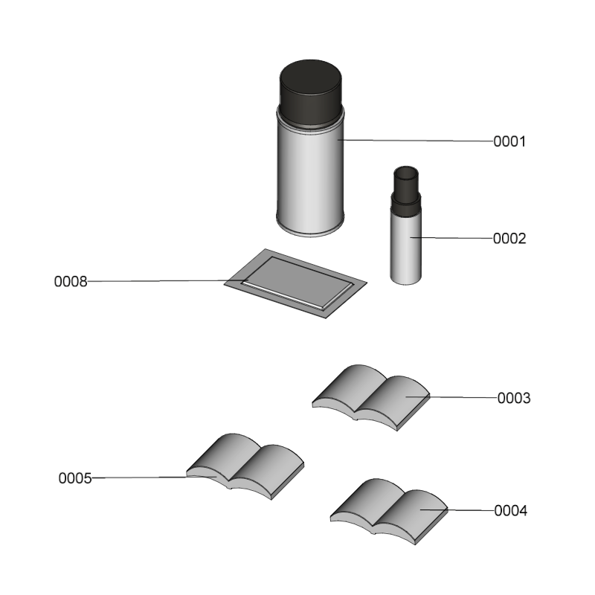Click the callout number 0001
point(509,141)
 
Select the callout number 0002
point(509,239)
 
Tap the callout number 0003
point(514,398)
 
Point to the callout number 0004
point(511,511)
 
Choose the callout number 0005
point(75,478)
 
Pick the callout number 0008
point(71,282)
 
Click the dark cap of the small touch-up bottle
point(406,188)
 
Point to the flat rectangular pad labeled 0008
point(295,283)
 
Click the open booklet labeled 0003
point(371,398)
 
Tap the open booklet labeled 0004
point(389,512)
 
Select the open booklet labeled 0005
point(245,466)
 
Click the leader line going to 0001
point(416,141)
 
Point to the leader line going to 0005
point(154,477)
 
